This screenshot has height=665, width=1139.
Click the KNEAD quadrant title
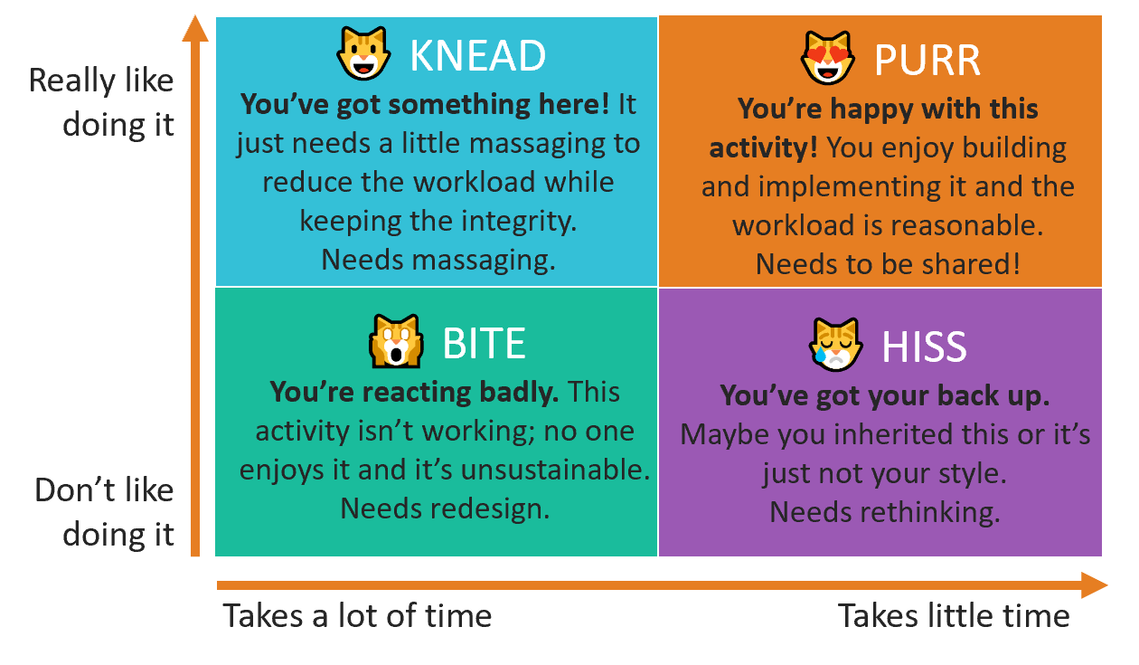tap(477, 55)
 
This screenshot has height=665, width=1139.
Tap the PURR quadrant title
tap(927, 61)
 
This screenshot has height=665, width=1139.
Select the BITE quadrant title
tap(485, 344)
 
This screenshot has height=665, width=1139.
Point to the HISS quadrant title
tap(924, 347)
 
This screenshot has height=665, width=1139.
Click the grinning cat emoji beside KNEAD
tap(363, 53)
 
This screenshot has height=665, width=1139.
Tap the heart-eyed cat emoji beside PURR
tap(828, 58)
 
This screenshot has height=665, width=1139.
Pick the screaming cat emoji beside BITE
tap(396, 341)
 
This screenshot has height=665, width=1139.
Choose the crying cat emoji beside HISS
tap(835, 345)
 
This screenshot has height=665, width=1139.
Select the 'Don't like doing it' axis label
tap(104, 512)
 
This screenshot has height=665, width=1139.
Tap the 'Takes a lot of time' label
tap(357, 615)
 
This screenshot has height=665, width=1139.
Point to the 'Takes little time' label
tap(954, 615)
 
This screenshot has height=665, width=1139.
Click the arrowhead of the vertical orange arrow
tap(195, 28)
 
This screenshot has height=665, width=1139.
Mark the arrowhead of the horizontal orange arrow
tap(1094, 585)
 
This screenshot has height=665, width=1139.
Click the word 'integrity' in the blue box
tap(519, 222)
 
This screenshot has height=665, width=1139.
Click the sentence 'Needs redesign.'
tap(445, 508)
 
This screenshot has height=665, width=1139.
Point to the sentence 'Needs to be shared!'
tap(888, 264)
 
